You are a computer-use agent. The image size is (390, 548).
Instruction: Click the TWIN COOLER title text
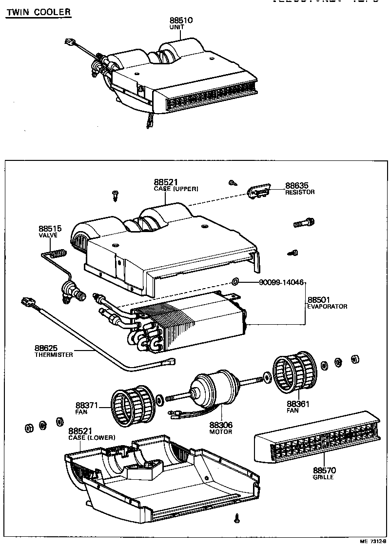(x=38, y=12)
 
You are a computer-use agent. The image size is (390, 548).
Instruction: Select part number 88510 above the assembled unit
(x=181, y=20)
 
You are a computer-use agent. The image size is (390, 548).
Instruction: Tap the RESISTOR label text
(x=300, y=192)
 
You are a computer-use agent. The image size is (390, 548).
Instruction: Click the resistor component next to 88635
(x=259, y=192)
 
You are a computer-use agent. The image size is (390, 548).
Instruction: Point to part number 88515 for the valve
(x=50, y=229)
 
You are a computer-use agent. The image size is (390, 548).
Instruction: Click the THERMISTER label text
(x=54, y=354)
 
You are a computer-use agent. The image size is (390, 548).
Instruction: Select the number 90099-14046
(x=281, y=282)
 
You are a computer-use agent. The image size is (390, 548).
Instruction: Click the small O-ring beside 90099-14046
(x=235, y=281)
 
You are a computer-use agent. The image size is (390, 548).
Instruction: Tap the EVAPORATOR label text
(x=327, y=307)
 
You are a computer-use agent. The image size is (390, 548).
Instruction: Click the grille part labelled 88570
(x=317, y=441)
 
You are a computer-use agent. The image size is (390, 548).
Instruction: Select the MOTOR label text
(x=221, y=431)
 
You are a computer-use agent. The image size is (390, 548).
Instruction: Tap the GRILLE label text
(x=323, y=477)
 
